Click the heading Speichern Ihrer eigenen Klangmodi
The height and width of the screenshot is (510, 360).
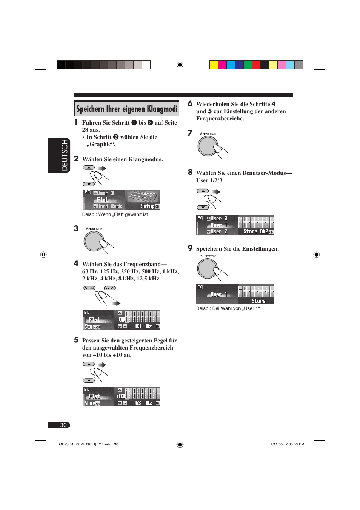(x=126, y=109)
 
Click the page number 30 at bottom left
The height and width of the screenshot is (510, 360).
(x=63, y=425)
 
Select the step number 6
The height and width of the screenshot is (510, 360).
(x=190, y=104)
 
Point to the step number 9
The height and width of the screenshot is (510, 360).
(x=190, y=248)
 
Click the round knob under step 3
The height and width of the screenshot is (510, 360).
(x=94, y=241)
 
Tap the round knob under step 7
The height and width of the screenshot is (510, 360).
(x=208, y=146)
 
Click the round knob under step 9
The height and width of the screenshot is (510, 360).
(x=207, y=268)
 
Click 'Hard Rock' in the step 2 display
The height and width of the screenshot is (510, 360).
(x=109, y=206)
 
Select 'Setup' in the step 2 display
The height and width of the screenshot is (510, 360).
(x=148, y=206)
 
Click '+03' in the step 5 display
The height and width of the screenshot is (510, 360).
(x=120, y=396)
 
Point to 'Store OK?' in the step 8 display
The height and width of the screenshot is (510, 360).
(x=255, y=231)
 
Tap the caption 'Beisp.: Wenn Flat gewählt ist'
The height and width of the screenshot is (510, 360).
(x=115, y=214)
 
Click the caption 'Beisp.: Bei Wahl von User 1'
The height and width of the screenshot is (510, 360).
(x=228, y=308)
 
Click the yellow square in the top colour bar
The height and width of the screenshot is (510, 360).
(x=214, y=65)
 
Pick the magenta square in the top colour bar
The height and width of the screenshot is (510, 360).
(x=222, y=65)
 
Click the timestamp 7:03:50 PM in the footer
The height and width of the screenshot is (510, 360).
(x=295, y=444)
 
